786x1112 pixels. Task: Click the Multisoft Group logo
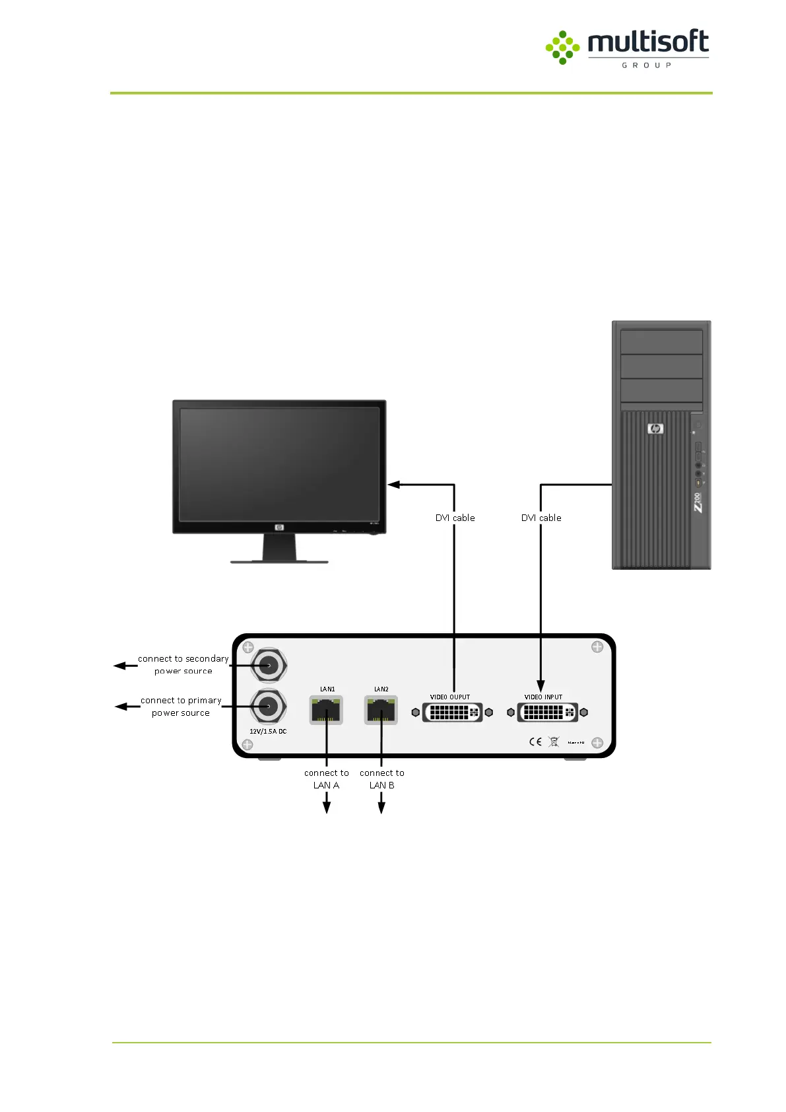pos(627,48)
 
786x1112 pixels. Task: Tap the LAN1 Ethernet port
pos(327,711)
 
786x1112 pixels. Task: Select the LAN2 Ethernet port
pos(381,711)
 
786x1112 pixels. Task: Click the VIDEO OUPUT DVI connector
pos(452,712)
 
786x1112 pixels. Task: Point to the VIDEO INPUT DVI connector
pos(547,712)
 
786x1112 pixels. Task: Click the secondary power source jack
pos(269,666)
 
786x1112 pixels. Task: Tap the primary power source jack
pos(269,707)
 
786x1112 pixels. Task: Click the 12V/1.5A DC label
pos(268,732)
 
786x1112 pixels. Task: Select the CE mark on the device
pos(535,742)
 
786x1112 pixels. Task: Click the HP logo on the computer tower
pos(655,429)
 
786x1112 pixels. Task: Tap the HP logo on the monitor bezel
pos(279,527)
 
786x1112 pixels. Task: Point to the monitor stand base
pos(279,561)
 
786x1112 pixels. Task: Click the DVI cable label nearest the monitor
pos(455,518)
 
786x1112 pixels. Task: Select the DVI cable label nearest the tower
pos(541,518)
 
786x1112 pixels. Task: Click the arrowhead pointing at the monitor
pos(394,485)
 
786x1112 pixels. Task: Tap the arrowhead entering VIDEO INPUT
pos(540,685)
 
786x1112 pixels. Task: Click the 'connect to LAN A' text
pos(327,779)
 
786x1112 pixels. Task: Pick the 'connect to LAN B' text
pos(382,779)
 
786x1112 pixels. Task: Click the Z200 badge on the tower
pos(698,502)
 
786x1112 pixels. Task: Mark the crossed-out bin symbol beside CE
pos(554,742)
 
